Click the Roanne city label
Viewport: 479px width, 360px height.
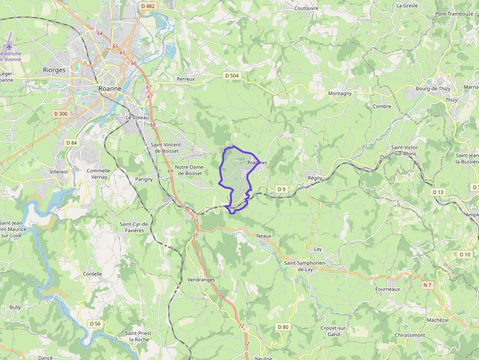[x=110, y=89]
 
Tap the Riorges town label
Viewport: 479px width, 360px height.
[x=54, y=70]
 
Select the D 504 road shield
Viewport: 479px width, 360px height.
[x=232, y=76]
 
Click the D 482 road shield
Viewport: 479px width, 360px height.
[x=147, y=6]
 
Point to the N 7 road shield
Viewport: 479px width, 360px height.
[x=428, y=285]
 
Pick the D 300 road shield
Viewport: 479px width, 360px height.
[x=61, y=114]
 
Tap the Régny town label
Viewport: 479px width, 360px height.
[x=315, y=178]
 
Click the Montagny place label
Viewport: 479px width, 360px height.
[x=340, y=93]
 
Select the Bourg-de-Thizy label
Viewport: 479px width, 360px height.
[x=433, y=88]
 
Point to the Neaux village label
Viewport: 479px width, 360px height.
[x=263, y=235]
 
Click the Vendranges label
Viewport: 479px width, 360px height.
[x=201, y=280]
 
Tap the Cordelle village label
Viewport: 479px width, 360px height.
[x=92, y=274]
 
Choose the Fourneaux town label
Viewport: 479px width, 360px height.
[x=388, y=289]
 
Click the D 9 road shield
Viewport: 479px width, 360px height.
[x=281, y=189]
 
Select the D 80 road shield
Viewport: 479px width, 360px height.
[x=283, y=327]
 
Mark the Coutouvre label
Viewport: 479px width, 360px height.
[x=306, y=8]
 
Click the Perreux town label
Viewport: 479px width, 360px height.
[x=186, y=79]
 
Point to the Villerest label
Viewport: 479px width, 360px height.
[x=59, y=172]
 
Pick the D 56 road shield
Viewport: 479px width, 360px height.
[x=95, y=324]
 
